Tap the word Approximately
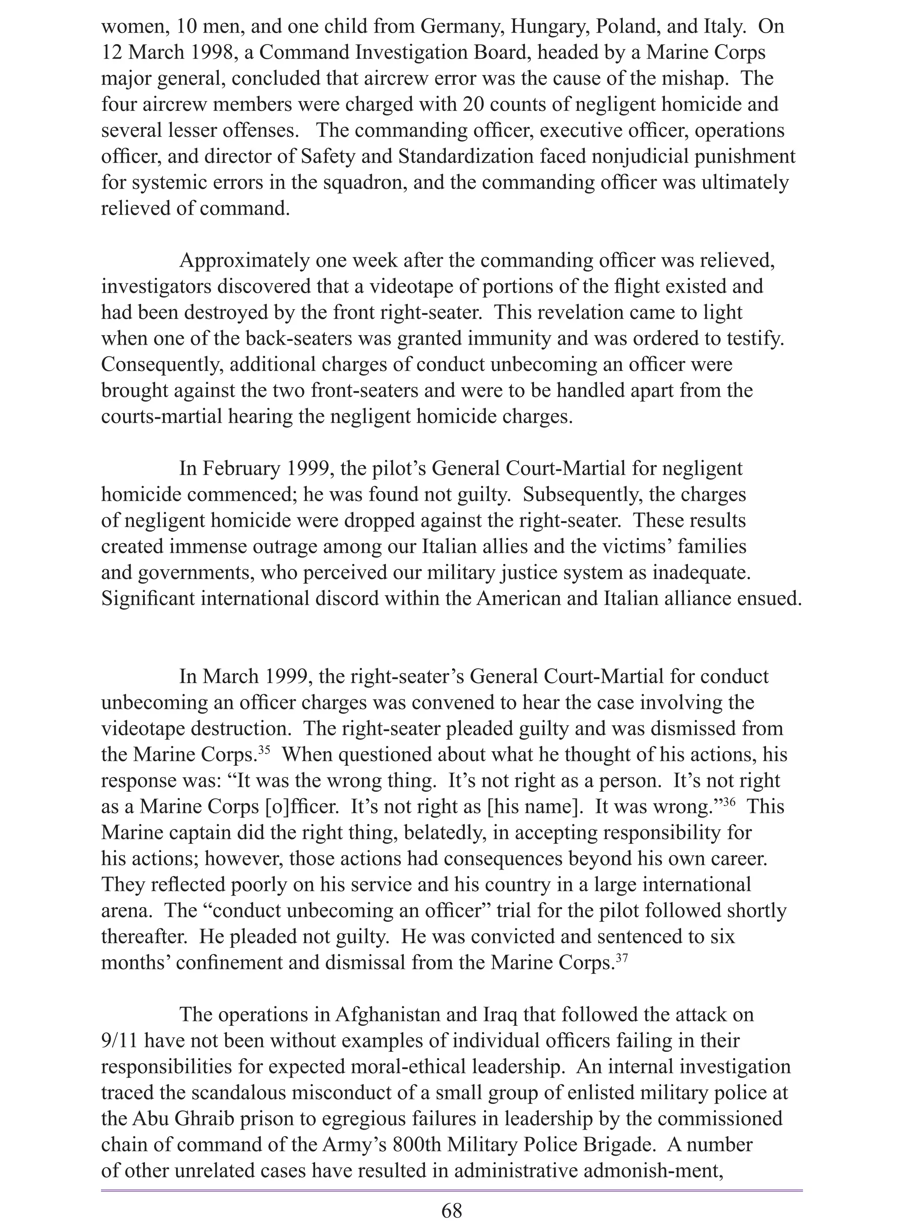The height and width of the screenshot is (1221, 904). click(245, 261)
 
